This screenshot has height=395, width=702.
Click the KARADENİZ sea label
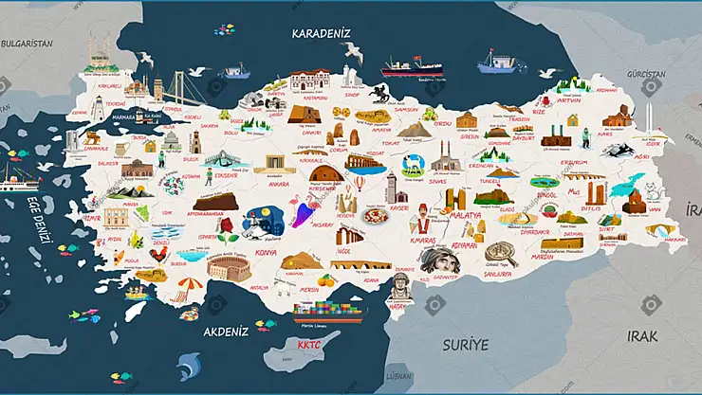pos(320,34)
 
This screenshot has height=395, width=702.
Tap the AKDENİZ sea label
pos(226,332)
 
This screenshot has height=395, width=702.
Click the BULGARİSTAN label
pos(27,44)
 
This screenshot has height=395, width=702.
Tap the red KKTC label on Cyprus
pos(309,346)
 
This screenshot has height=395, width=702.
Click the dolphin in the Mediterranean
pos(190,363)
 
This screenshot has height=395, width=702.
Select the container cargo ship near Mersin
pos(329,309)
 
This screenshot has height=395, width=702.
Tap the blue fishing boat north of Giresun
pos(498,63)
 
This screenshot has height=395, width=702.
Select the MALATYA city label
pos(465,215)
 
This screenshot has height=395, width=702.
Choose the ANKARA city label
pos(278,184)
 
